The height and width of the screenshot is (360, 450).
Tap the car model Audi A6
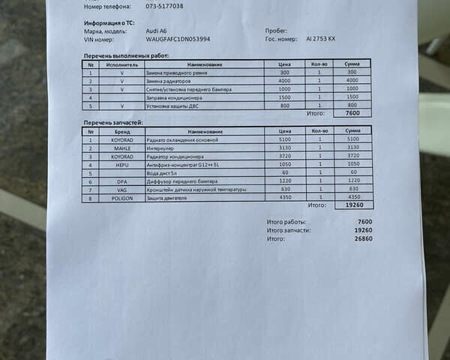pos(156,31)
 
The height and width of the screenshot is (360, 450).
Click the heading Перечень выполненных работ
pos(126,55)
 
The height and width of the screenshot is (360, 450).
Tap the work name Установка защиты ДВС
pos(173,106)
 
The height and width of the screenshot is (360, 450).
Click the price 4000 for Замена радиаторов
pos(283,81)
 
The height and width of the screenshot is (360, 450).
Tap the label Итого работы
pos(285,222)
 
